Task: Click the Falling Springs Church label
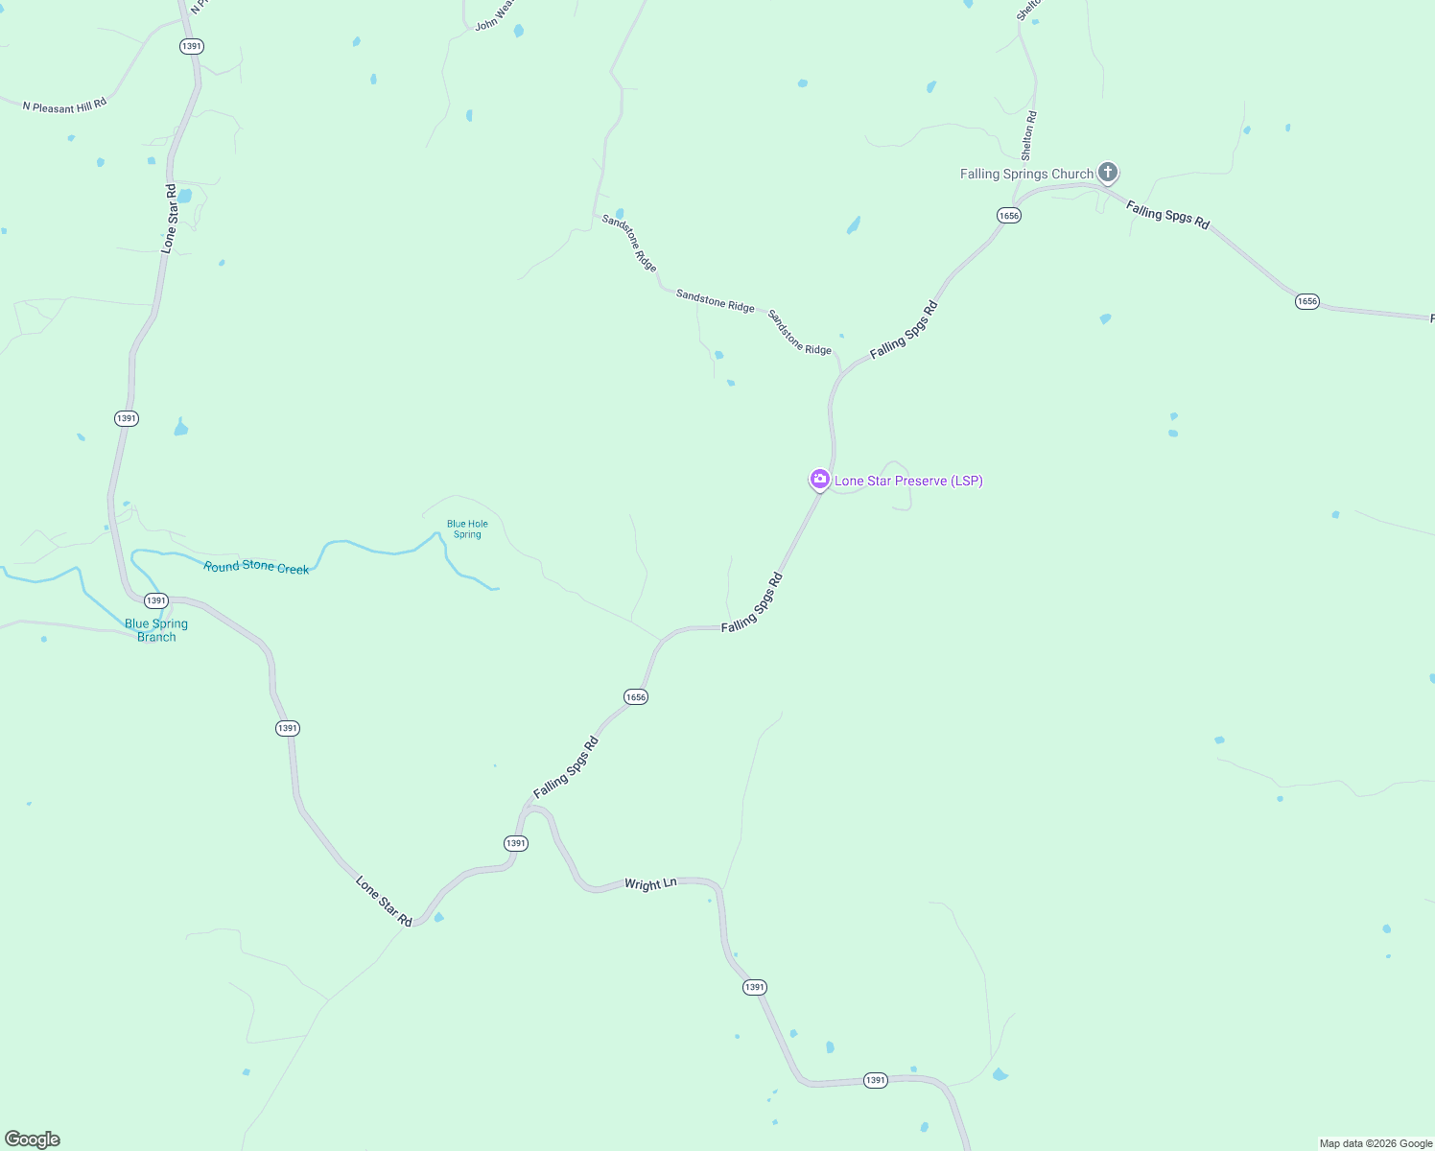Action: [x=1026, y=174]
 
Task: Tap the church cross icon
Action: [x=1108, y=173]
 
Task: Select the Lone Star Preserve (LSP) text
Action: [x=908, y=481]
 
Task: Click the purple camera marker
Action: [x=819, y=479]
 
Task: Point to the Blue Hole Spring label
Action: [x=467, y=529]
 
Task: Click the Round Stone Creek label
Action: [x=256, y=567]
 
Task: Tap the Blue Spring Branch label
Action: [x=156, y=630]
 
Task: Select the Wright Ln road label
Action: [x=650, y=884]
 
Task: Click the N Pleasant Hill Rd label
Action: [x=64, y=106]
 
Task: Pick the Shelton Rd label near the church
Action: [x=1028, y=136]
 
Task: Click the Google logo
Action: [x=33, y=1139]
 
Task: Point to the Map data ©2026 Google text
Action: [x=1376, y=1143]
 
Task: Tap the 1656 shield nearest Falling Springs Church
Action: [x=1008, y=216]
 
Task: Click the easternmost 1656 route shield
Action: [x=1306, y=301]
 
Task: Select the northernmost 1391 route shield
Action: [x=192, y=46]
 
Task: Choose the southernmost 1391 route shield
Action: [x=875, y=1080]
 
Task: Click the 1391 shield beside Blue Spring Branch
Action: [x=155, y=600]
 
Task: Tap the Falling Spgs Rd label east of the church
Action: [x=1167, y=215]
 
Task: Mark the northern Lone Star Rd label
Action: [x=170, y=218]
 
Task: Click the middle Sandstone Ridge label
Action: [x=715, y=300]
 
